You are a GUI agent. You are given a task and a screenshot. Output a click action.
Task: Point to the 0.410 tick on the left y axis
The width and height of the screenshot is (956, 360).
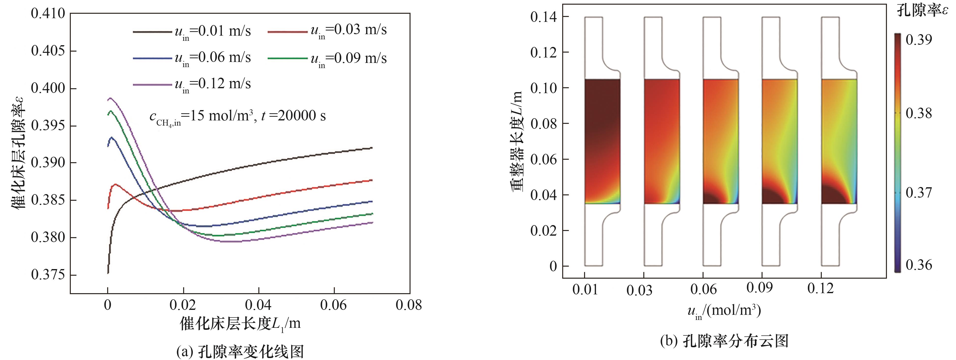click(x=48, y=14)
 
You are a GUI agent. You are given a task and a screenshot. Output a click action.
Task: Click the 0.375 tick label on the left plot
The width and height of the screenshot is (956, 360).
click(x=48, y=275)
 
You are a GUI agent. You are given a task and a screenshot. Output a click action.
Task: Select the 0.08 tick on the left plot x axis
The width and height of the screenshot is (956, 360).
click(x=409, y=305)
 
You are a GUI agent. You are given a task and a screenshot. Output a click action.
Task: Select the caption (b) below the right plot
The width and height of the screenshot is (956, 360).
click(x=724, y=340)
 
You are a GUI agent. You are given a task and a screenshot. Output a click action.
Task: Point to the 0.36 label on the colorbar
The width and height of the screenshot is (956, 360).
click(x=919, y=265)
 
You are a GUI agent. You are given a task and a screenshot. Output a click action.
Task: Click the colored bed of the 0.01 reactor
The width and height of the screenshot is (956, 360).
click(x=602, y=141)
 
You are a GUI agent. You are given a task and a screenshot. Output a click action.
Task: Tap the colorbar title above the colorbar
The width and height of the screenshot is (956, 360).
click(x=923, y=11)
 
